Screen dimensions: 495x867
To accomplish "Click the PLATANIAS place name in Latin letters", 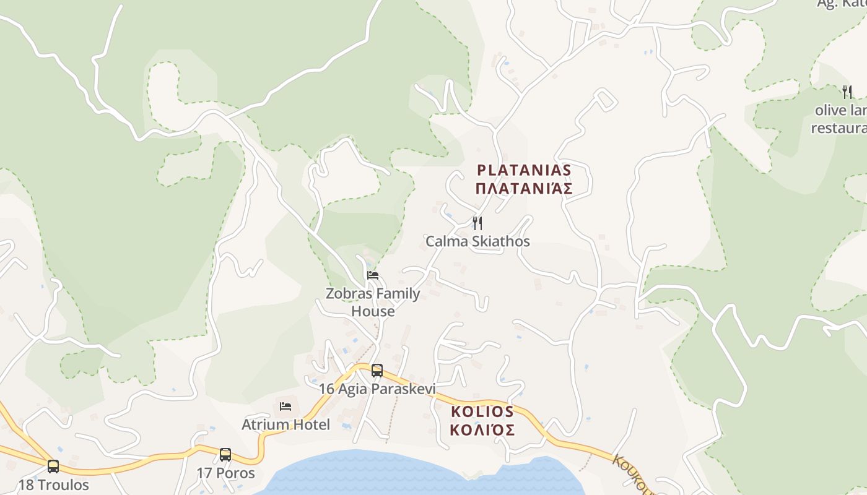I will [523, 170].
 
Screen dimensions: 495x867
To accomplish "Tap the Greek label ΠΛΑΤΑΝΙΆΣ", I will [523, 189].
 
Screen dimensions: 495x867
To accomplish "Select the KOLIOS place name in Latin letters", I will [482, 411].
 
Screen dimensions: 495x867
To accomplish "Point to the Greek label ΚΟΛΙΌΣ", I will [482, 430].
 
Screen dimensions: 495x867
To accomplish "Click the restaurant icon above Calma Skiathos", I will [477, 223].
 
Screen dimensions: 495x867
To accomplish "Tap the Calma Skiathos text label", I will [477, 241].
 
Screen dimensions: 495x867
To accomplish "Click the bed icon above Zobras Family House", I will [373, 275].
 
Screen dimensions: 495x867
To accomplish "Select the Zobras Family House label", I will [373, 303].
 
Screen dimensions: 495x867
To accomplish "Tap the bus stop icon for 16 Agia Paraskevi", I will [377, 371].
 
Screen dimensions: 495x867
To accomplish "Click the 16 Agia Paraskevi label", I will [377, 389].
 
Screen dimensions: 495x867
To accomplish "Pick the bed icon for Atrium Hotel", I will [285, 407].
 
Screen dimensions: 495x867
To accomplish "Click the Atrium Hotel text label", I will [285, 425].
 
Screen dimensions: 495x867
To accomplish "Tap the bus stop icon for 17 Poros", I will [225, 455].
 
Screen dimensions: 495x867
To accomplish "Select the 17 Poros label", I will [225, 473].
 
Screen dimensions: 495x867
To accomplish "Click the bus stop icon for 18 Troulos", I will [53, 467].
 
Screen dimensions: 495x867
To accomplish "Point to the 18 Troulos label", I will [53, 485].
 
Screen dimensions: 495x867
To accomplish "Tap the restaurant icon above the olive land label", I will [847, 92].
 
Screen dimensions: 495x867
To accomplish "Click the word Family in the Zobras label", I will [396, 294].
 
